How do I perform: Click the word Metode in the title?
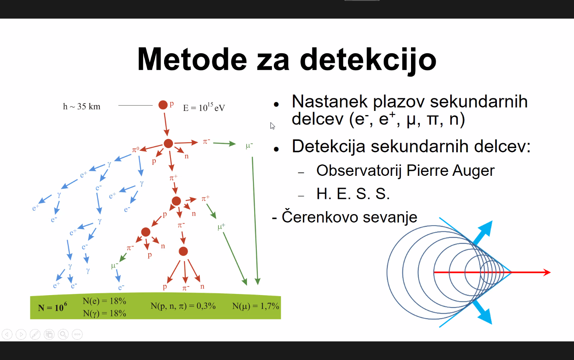tap(192, 59)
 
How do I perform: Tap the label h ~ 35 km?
tap(82, 106)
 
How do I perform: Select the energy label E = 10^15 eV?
tap(204, 107)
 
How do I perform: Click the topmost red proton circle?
tap(163, 105)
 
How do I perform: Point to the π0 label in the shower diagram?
tap(136, 149)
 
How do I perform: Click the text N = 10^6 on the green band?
tap(52, 307)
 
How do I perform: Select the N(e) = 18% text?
tap(104, 301)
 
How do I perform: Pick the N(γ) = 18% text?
tap(104, 313)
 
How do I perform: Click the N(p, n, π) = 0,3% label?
tap(183, 306)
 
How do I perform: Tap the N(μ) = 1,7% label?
tap(256, 306)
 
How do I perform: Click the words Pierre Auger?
tap(451, 171)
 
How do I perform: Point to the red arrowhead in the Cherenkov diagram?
tap(547, 272)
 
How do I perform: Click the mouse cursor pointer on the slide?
tap(272, 126)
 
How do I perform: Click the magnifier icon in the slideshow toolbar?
tap(63, 335)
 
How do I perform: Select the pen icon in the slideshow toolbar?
tap(35, 335)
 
